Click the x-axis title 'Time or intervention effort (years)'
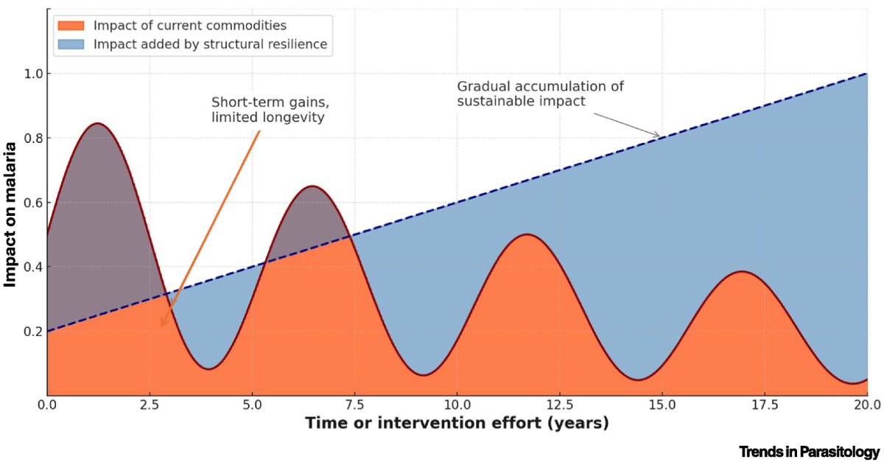coord(457,424)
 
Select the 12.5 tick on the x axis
coord(559,405)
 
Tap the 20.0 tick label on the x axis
coord(866,405)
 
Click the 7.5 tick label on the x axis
coord(354,405)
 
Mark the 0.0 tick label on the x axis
coord(47,405)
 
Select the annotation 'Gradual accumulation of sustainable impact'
coord(540,94)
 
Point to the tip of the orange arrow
coord(161,326)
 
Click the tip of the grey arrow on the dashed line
coord(660,137)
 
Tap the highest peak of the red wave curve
coord(97,123)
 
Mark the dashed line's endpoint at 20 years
coord(867,74)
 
